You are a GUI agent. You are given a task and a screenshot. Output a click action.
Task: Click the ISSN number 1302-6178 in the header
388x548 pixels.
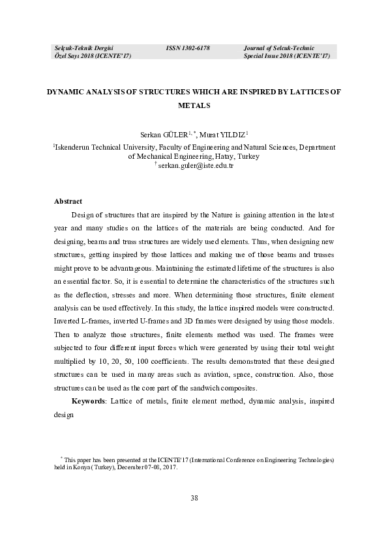pos(188,48)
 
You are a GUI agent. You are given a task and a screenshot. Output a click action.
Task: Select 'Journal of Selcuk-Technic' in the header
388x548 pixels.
pos(278,48)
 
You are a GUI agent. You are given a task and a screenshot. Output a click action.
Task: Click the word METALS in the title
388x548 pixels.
pos(194,105)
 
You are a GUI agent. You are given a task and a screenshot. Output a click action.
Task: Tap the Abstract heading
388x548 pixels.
pos(68,202)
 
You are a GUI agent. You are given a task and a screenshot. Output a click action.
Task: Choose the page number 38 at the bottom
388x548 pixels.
pos(194,498)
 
